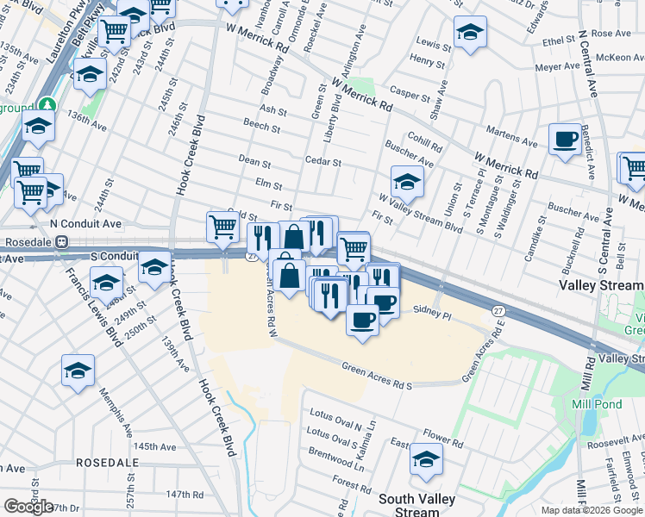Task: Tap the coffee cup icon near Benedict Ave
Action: tap(565, 140)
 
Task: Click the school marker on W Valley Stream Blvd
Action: tap(407, 183)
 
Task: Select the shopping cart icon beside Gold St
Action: tap(222, 227)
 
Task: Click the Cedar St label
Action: tap(322, 162)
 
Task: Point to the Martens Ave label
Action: tap(511, 135)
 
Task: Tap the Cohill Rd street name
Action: tap(424, 146)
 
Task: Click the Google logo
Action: tap(28, 507)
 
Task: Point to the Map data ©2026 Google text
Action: tap(591, 510)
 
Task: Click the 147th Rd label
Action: tap(185, 495)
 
